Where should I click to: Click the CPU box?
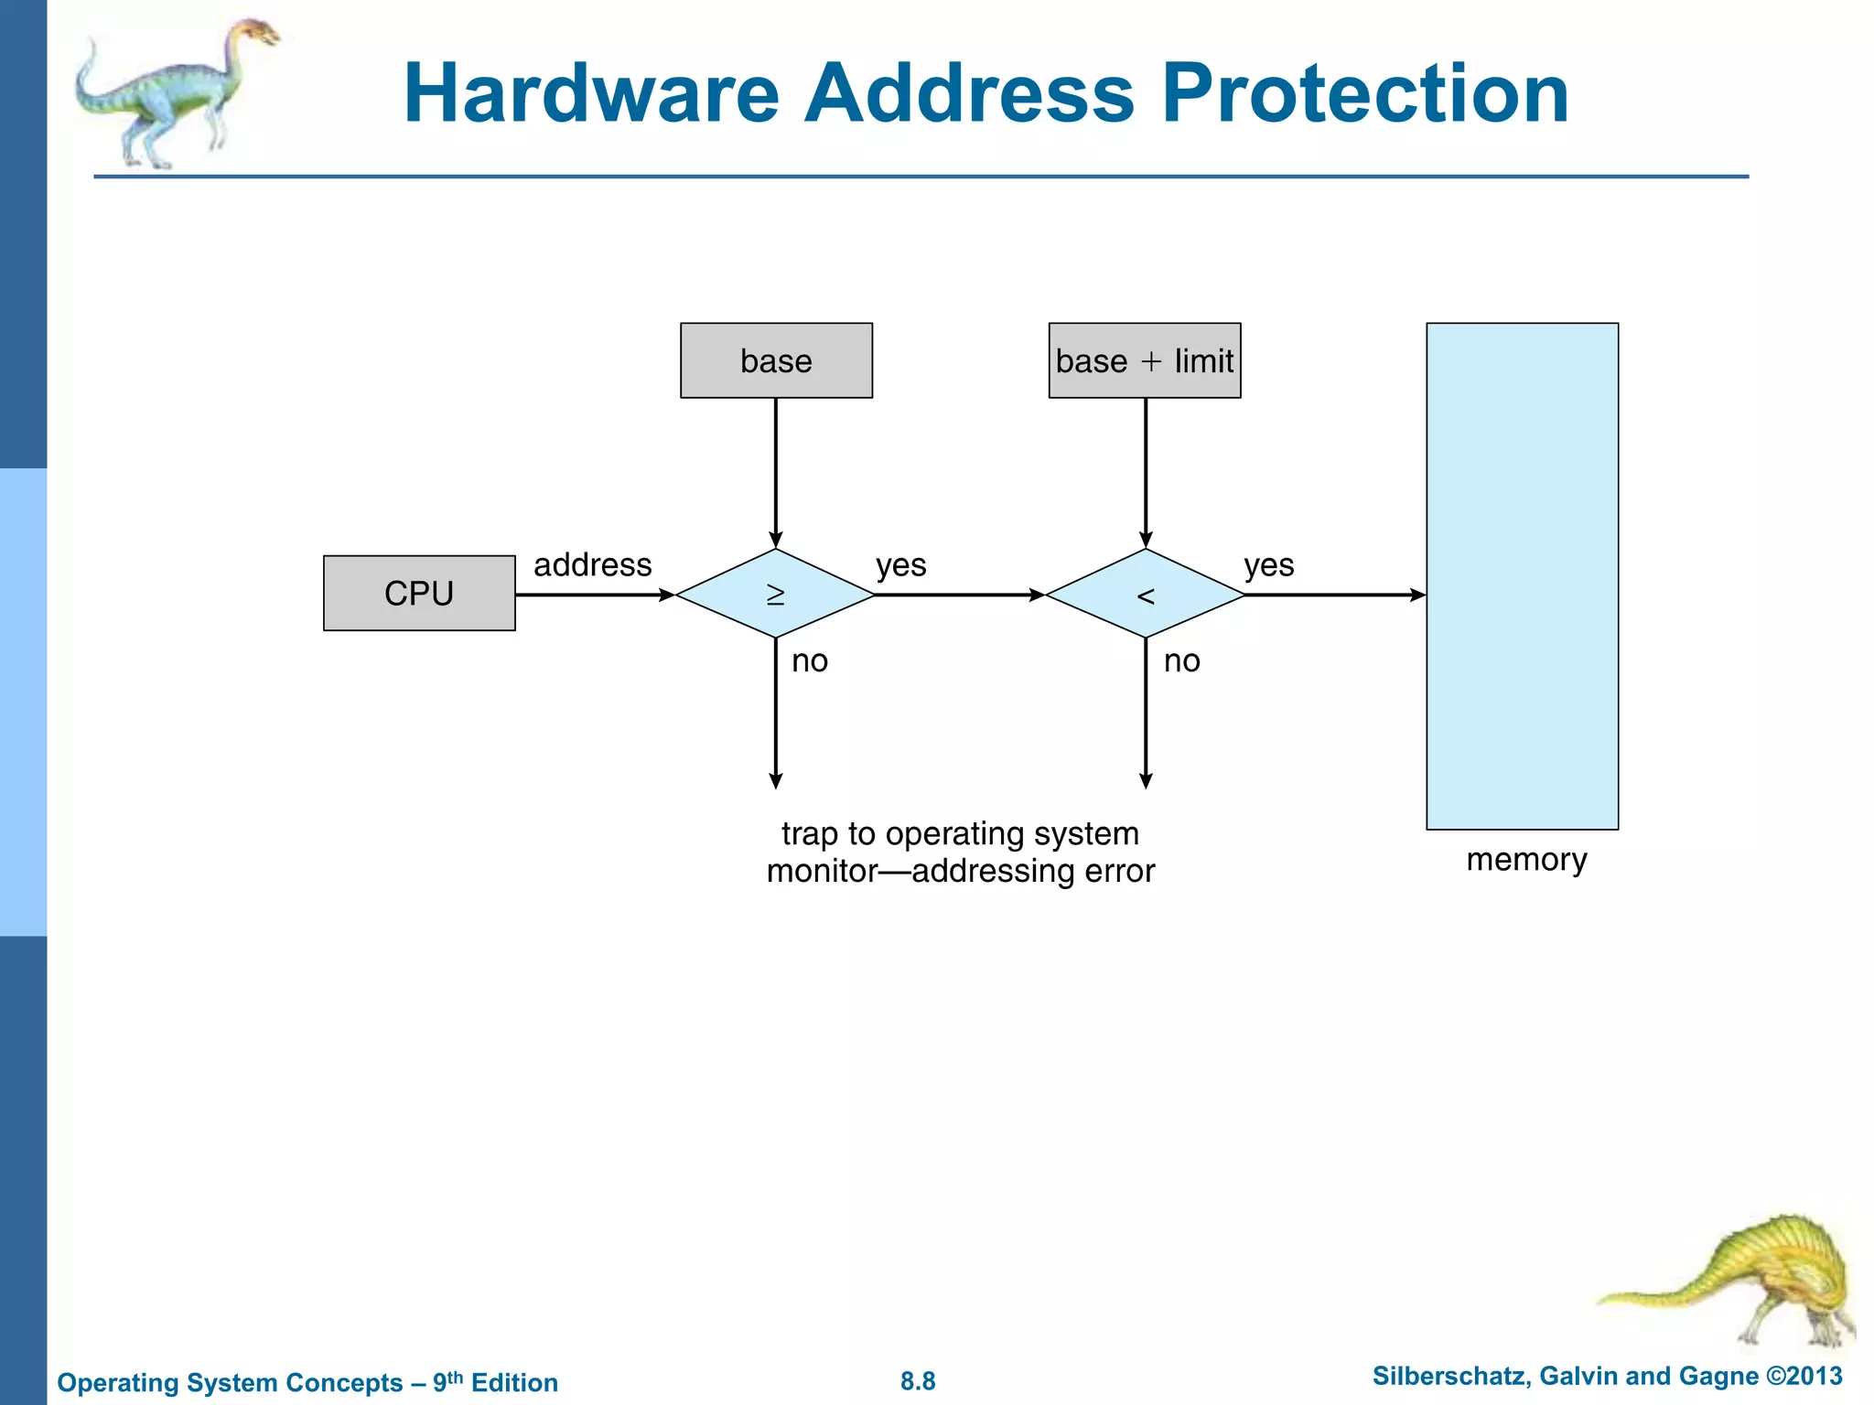(419, 593)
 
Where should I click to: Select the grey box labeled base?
(776, 360)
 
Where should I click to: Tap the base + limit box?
(1144, 360)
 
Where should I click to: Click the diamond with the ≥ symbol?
(775, 594)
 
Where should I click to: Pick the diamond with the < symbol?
(1145, 594)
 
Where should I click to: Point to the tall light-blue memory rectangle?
(1522, 576)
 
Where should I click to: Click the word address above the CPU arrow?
(592, 564)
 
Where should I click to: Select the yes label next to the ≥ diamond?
(900, 565)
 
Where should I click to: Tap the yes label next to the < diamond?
(1268, 565)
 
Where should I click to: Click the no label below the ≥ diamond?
(810, 660)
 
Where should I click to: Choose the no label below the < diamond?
(1181, 660)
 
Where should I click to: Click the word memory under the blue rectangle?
(1525, 860)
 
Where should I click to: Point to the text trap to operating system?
(960, 834)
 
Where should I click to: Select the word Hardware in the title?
(591, 93)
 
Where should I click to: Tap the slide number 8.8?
(918, 1381)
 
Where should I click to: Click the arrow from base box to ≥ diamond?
(776, 471)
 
